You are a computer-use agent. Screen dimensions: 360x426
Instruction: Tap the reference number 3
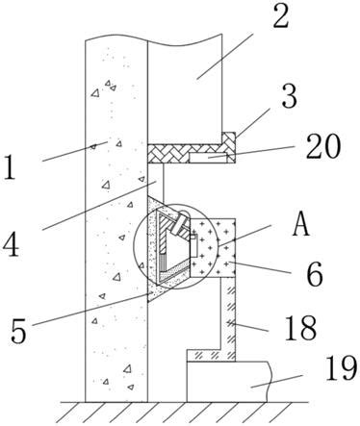(x=289, y=95)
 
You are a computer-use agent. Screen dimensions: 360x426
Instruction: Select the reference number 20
(x=323, y=146)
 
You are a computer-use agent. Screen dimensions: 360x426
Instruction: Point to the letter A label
(x=300, y=224)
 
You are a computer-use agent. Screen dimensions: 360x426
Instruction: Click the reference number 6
(x=315, y=274)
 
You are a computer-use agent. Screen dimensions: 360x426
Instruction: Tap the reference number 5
(x=18, y=331)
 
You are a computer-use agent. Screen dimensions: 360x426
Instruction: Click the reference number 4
(x=11, y=245)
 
